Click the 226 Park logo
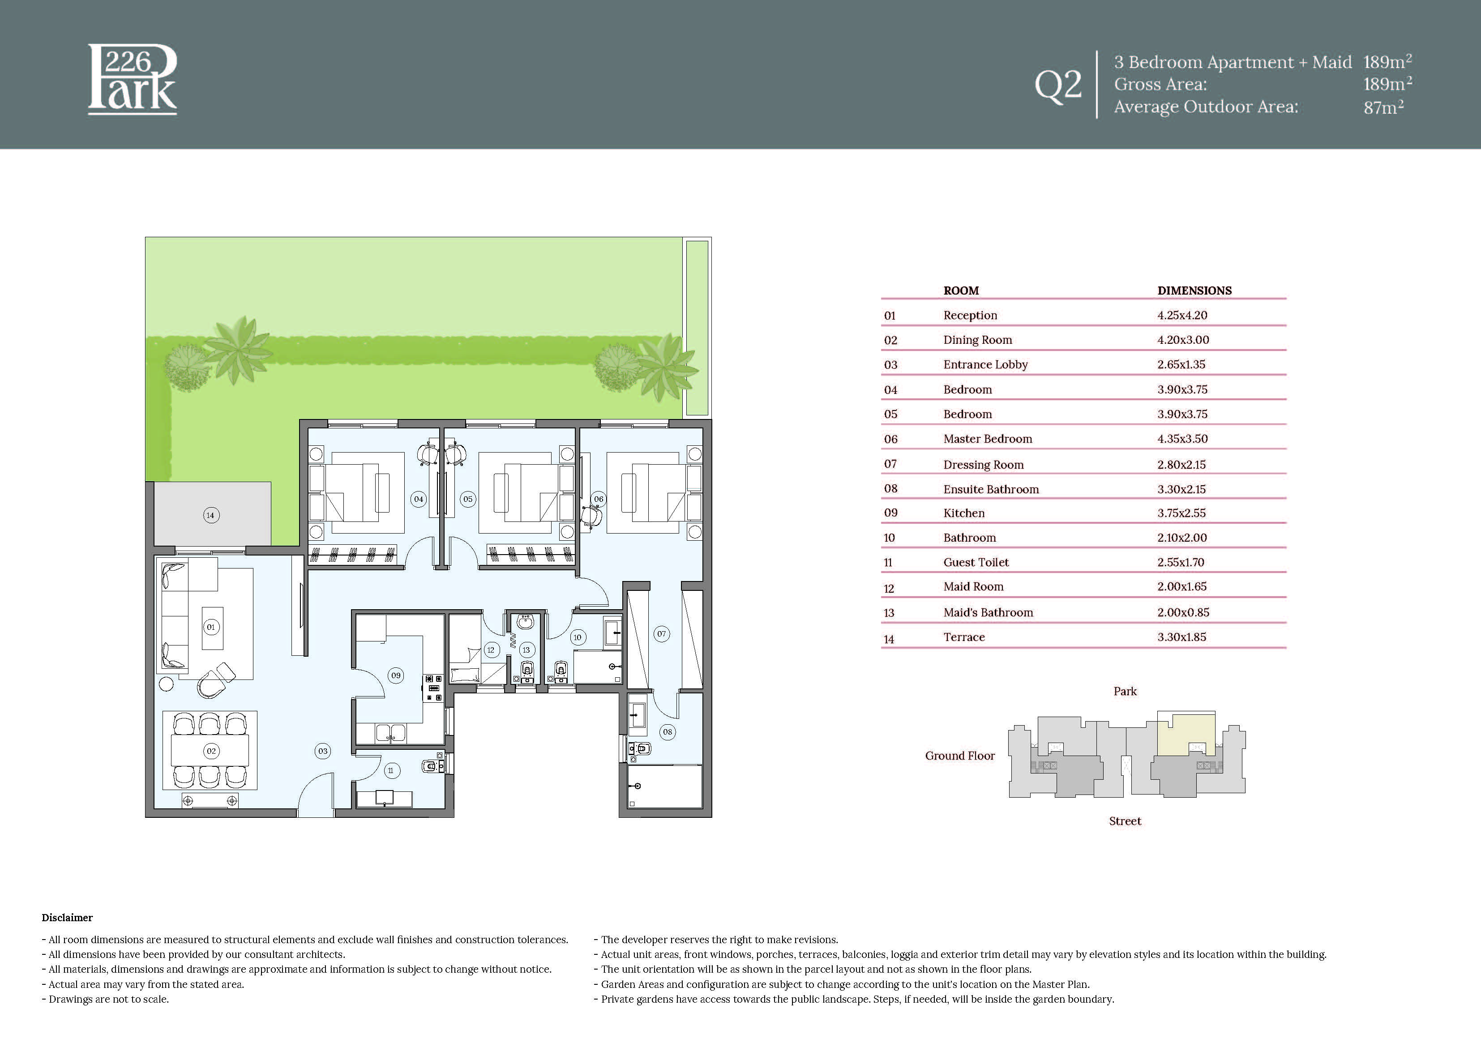click(x=132, y=79)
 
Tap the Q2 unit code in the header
click(x=1058, y=85)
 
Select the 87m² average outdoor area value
click(x=1383, y=107)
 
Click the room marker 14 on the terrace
click(x=211, y=515)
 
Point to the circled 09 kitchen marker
click(x=396, y=675)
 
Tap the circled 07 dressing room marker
click(x=661, y=633)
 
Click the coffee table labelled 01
click(x=212, y=628)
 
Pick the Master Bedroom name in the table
click(x=988, y=439)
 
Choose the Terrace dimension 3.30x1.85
click(x=1181, y=637)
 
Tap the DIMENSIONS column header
click(x=1194, y=291)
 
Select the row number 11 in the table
click(x=888, y=563)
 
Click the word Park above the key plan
click(x=1125, y=691)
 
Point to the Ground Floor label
click(x=960, y=756)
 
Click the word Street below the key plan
click(x=1125, y=821)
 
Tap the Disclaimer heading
click(x=67, y=917)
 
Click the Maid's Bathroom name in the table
click(x=988, y=612)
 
